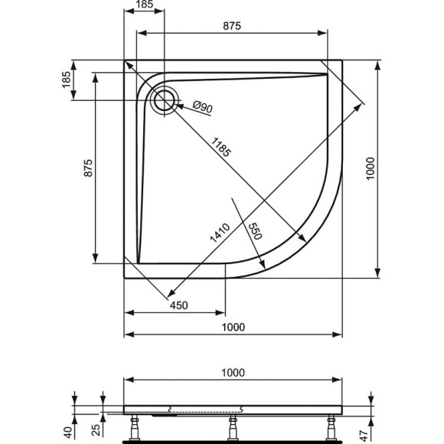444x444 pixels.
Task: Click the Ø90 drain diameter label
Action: tap(201, 107)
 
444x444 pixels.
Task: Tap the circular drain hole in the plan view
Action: tap(164, 100)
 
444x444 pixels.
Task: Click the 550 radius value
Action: tap(255, 232)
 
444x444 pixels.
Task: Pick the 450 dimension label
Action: tap(178, 305)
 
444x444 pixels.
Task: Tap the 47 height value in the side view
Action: tap(372, 431)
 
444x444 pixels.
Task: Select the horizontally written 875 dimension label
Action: tap(232, 26)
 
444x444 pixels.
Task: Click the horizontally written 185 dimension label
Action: tap(144, 5)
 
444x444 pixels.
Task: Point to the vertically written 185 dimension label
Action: tap(66, 79)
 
